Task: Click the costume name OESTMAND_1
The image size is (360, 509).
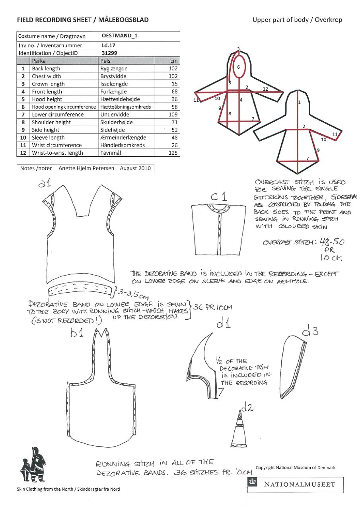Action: (120, 36)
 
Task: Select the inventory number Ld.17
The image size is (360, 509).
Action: (109, 45)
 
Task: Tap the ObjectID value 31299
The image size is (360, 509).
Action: (109, 53)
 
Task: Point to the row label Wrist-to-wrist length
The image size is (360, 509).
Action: (58, 153)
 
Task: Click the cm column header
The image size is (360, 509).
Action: (174, 61)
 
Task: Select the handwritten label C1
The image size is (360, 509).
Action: (219, 196)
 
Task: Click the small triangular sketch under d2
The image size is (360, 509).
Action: (239, 430)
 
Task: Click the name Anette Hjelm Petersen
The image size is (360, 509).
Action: (86, 168)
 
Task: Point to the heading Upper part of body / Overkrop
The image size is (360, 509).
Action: (297, 19)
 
